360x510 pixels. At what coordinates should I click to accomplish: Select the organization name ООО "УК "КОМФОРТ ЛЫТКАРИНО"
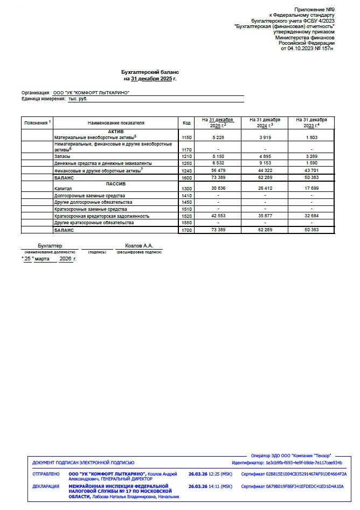pos(92,93)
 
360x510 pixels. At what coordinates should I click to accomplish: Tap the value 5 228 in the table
pos(218,138)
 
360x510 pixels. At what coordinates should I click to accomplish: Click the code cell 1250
pos(186,163)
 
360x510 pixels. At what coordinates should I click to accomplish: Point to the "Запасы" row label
pos(62,156)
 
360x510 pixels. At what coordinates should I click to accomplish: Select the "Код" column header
pos(186,122)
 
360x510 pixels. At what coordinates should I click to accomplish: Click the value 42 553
pos(218,216)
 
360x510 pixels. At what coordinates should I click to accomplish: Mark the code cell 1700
pos(186,230)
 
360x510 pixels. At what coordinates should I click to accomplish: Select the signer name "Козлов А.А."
pos(139,245)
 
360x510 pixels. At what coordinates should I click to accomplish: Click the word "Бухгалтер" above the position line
pos(50,245)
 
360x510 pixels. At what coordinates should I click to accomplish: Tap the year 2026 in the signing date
pos(66,259)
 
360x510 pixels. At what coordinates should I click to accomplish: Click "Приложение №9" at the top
pos(314,10)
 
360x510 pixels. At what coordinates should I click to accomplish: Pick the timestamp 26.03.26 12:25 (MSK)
pos(210,474)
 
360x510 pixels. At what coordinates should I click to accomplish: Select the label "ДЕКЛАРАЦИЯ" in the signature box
pos(46,486)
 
